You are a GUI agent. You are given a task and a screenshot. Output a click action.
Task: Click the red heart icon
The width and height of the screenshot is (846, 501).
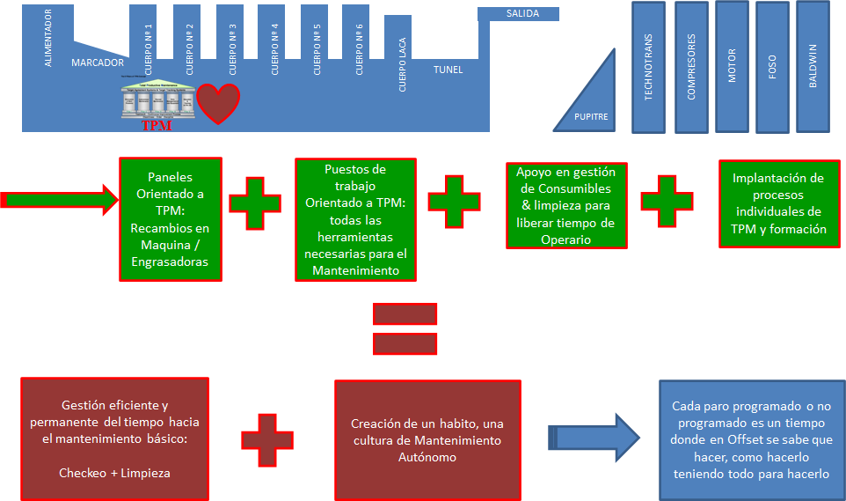217,102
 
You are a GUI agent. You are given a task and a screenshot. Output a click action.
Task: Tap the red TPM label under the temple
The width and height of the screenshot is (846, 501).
156,126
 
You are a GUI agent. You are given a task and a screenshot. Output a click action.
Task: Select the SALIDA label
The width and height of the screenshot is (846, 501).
522,13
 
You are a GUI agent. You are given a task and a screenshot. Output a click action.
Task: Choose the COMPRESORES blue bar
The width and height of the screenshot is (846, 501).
692,67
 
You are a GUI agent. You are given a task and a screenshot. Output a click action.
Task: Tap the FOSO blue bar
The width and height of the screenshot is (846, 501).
772,67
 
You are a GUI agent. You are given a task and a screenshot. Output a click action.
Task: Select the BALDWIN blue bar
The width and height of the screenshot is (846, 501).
813,67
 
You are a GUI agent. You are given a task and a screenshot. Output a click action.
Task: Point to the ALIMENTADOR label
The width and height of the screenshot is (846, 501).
48,38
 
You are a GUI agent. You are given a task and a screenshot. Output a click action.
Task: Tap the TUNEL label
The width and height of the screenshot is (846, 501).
448,70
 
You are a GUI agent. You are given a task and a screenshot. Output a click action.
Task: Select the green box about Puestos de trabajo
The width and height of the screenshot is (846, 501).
355,219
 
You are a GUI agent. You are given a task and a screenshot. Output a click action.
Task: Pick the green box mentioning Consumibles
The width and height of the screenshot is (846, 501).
566,206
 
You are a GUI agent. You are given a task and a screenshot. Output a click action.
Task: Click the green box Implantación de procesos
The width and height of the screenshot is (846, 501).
780,203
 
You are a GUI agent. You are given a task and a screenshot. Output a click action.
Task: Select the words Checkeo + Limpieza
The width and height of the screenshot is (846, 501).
114,473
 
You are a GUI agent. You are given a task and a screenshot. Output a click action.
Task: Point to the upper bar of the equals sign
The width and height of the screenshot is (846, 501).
405,313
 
